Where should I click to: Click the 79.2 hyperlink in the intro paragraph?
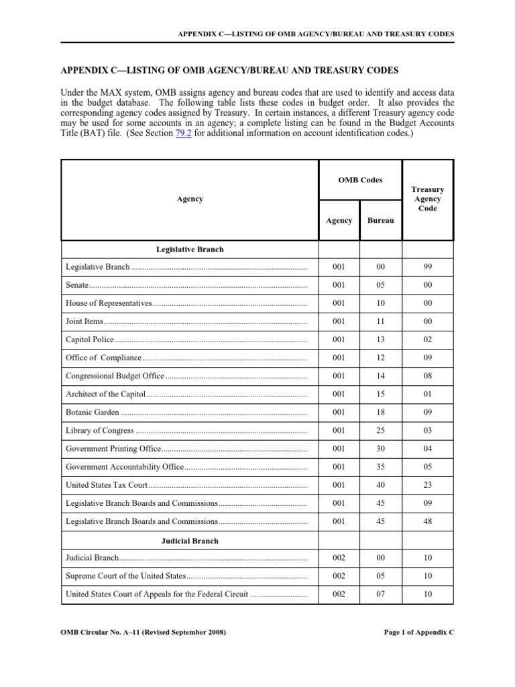(x=180, y=134)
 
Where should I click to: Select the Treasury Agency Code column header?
(x=427, y=199)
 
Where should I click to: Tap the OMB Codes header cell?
(x=359, y=179)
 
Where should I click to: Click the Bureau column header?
(x=380, y=221)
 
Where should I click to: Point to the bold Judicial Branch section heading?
(x=190, y=540)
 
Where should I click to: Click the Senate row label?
(x=78, y=284)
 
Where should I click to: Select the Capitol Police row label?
(x=90, y=339)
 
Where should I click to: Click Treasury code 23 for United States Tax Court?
(x=427, y=484)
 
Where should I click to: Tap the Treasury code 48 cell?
(x=427, y=521)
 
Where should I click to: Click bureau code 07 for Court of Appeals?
(x=380, y=594)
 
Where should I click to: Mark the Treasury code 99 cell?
(x=427, y=267)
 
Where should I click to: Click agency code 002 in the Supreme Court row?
(x=339, y=576)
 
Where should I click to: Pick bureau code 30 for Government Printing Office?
(x=380, y=448)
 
